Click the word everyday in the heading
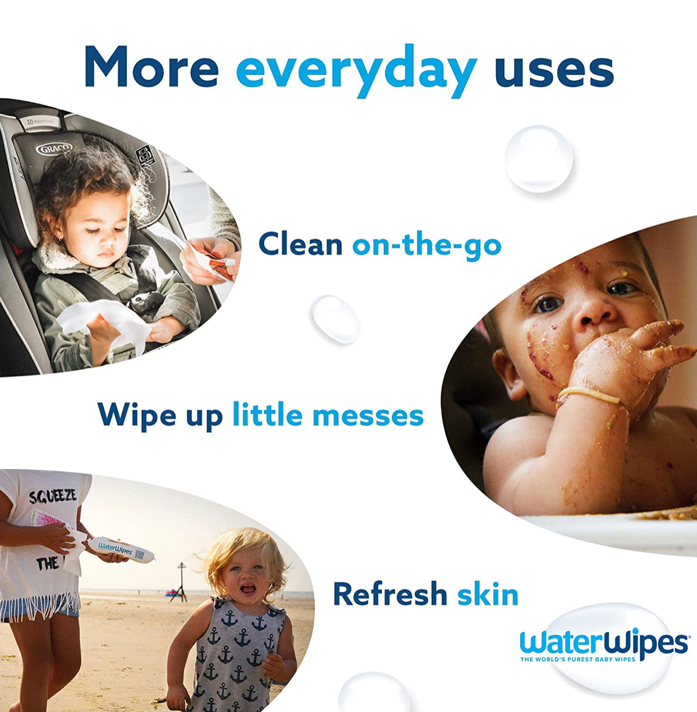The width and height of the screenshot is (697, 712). point(356,69)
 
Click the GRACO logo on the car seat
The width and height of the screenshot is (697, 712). point(54,149)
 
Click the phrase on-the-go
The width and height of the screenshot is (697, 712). point(427,245)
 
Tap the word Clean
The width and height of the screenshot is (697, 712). point(300,244)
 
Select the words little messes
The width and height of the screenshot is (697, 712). point(328,416)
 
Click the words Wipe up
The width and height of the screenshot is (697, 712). point(160,416)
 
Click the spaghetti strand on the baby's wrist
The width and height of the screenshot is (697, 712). point(589,394)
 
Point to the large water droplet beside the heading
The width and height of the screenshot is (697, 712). point(538,159)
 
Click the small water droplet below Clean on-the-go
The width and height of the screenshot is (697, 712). point(336,318)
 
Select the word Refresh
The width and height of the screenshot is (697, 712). point(390,594)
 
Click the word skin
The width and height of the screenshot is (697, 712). point(488,594)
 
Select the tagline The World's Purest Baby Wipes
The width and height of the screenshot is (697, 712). point(577,659)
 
